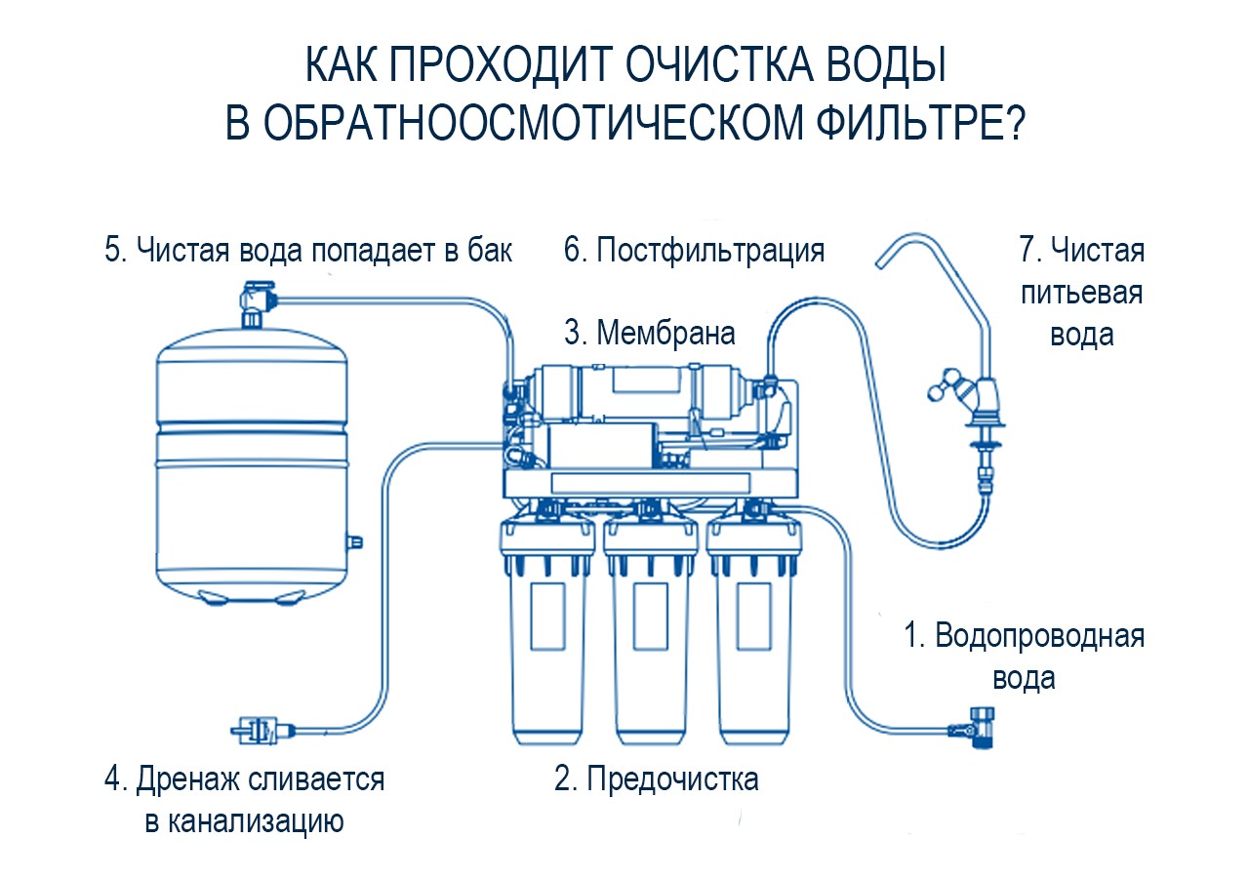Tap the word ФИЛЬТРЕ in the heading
click(920, 122)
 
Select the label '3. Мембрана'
click(650, 334)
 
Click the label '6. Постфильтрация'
click(694, 251)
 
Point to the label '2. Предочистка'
click(657, 778)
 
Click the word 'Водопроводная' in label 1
click(1039, 635)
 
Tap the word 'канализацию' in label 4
click(244, 821)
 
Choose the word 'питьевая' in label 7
click(1082, 293)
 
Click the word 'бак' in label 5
click(490, 251)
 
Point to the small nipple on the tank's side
click(355, 541)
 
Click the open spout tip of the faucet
click(881, 262)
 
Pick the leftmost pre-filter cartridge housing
click(547, 631)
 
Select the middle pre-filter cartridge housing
click(650, 631)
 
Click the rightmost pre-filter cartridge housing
click(754, 631)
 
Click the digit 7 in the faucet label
click(1027, 249)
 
